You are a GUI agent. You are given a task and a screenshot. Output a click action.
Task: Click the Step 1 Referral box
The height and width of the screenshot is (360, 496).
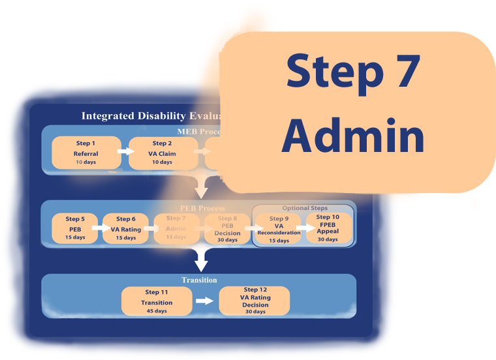[85, 153]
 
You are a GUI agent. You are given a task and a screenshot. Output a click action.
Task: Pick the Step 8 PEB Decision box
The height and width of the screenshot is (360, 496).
[227, 228]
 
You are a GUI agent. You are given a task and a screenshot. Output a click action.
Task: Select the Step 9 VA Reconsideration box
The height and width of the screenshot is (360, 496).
[279, 229]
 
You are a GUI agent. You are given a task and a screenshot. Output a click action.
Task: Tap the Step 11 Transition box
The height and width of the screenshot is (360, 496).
[157, 301]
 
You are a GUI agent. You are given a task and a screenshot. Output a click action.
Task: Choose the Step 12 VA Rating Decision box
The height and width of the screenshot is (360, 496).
[255, 301]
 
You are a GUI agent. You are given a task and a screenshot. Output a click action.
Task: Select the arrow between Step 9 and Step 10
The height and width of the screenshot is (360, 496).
[304, 228]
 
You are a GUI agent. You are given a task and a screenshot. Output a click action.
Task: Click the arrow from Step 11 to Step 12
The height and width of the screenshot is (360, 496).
[205, 301]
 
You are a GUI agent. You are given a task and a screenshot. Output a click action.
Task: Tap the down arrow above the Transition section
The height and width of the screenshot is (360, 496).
[201, 261]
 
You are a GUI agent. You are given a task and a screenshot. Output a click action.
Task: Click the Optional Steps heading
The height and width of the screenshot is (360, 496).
[305, 208]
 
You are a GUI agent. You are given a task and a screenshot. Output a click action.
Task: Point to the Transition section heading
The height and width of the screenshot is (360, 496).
[199, 280]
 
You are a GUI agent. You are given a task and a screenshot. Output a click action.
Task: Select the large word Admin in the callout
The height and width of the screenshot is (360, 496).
[357, 136]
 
